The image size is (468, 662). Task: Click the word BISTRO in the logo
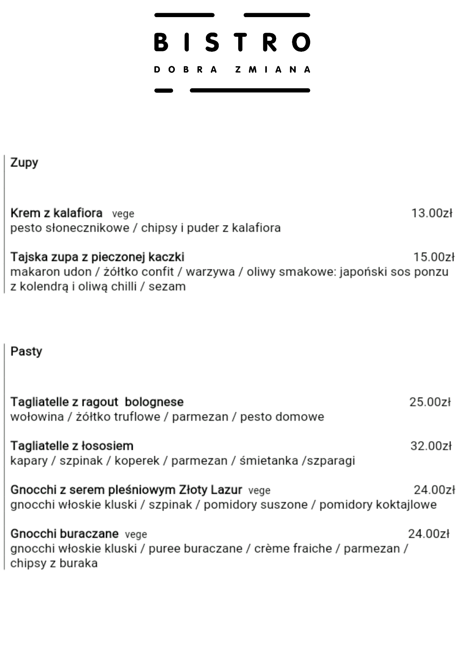[x=232, y=42]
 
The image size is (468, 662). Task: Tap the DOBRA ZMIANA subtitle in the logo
[x=232, y=70]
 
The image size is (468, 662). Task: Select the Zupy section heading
[x=24, y=163]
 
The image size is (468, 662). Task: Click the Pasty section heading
[x=26, y=351]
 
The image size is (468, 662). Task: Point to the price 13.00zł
[x=432, y=213]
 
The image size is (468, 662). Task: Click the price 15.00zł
[x=434, y=257]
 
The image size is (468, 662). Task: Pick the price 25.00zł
[x=430, y=402]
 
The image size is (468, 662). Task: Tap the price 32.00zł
[x=431, y=446]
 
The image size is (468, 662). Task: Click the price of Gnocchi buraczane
[x=429, y=534]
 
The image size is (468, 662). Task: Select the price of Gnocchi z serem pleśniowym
[x=434, y=490]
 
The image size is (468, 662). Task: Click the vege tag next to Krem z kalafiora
[x=123, y=214]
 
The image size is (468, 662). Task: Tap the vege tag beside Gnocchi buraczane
[x=136, y=535]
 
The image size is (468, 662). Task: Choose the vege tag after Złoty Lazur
[x=259, y=491]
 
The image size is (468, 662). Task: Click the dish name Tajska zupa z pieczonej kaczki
[x=97, y=257]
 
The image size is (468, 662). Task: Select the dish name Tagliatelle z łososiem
[x=72, y=446]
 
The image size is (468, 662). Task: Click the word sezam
[x=167, y=286]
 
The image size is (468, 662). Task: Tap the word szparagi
[x=331, y=461]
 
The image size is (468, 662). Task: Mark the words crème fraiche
[x=293, y=548]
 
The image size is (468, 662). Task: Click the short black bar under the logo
[x=164, y=91]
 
